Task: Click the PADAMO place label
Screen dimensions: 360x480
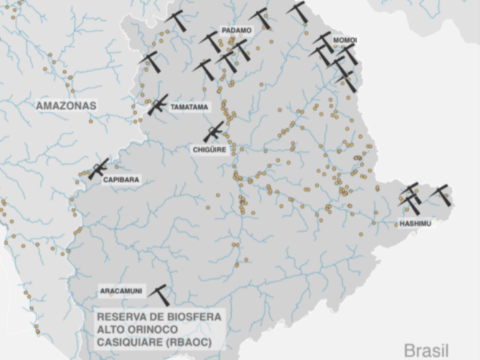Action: point(236,30)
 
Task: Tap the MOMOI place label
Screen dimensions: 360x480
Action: point(345,40)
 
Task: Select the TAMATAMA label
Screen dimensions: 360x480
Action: point(189,107)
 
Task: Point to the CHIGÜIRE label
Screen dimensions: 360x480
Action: point(209,150)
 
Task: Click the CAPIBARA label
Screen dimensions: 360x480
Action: point(121,180)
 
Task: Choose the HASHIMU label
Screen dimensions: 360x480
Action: point(415,223)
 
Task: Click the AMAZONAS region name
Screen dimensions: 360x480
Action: point(66,106)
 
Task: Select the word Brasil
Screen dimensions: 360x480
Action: point(426,350)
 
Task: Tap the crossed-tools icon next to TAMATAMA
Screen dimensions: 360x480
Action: point(157,105)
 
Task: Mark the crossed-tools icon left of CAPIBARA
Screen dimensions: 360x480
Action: point(98,169)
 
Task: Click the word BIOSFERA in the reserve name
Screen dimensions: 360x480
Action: point(194,317)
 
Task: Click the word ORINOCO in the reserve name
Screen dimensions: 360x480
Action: point(155,329)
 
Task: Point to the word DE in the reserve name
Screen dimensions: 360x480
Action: point(156,317)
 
